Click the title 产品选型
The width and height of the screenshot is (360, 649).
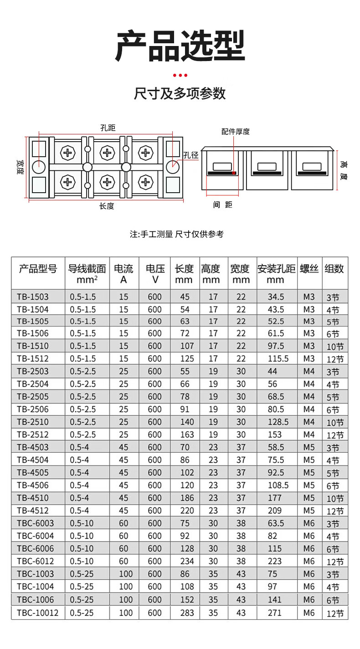click(180, 46)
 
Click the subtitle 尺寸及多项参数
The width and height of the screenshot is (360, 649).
click(180, 93)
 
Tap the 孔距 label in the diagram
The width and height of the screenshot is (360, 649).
click(107, 128)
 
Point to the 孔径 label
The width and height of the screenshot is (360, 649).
click(191, 155)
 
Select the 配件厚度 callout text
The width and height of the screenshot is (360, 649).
click(236, 132)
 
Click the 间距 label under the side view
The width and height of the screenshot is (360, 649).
click(222, 205)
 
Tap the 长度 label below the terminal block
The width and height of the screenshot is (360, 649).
click(106, 206)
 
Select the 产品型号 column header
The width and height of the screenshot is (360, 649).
click(38, 269)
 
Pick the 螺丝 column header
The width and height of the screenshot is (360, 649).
click(309, 269)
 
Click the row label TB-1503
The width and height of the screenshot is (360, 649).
click(32, 297)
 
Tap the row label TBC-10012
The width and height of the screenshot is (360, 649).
click(38, 613)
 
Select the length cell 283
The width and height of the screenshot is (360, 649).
click(185, 613)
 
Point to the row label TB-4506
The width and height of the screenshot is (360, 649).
click(32, 485)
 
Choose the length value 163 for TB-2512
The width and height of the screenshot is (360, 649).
click(185, 434)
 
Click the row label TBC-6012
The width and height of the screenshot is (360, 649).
click(35, 562)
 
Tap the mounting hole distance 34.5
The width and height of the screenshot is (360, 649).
click(276, 297)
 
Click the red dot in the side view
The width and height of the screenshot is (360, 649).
click(233, 173)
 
